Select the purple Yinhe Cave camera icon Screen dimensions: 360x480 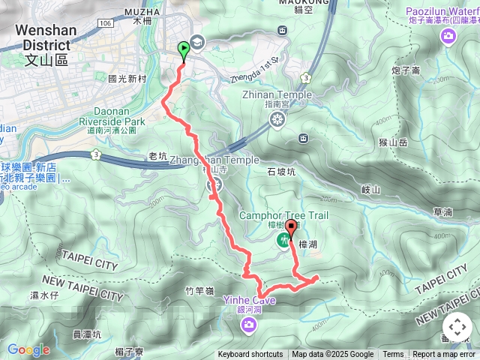click(x=248, y=324)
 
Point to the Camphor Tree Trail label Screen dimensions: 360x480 click(x=283, y=216)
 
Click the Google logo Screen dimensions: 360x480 click(x=28, y=349)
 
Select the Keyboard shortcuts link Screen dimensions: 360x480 click(x=250, y=355)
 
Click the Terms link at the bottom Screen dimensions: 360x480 click(x=393, y=355)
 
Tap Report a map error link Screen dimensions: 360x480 click(x=444, y=355)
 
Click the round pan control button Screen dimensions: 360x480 click(x=457, y=327)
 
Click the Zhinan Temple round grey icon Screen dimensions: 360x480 click(x=278, y=119)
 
